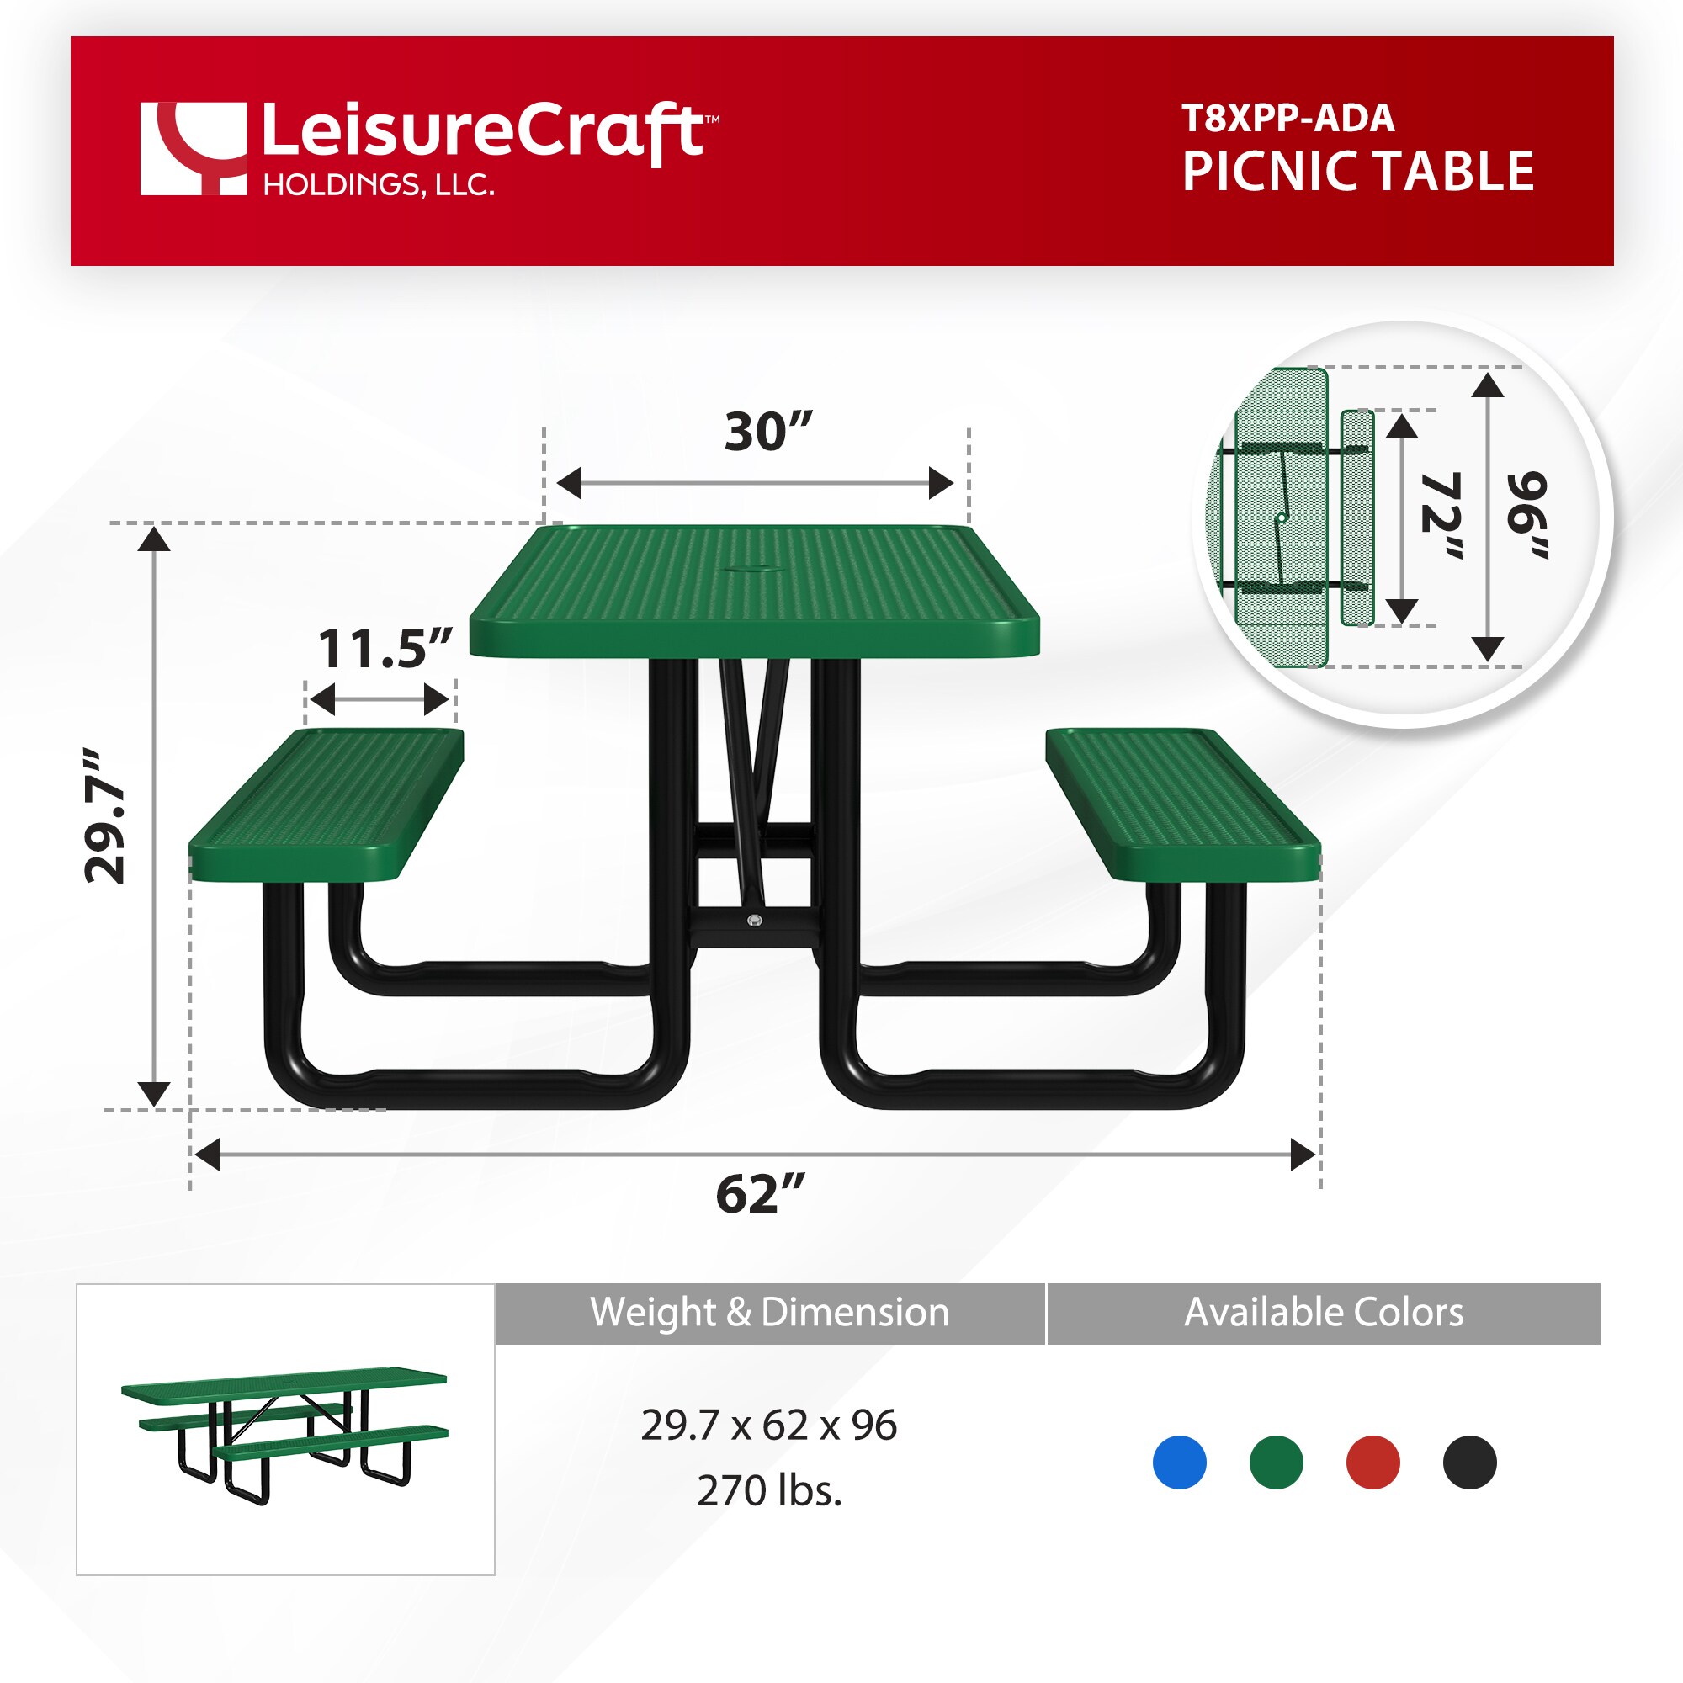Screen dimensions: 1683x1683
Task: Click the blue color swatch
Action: (x=1179, y=1462)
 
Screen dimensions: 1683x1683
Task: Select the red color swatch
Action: (x=1372, y=1462)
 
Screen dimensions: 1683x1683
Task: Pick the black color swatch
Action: (x=1469, y=1462)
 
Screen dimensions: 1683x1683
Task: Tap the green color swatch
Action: (x=1276, y=1462)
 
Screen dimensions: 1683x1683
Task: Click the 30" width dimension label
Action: (x=767, y=431)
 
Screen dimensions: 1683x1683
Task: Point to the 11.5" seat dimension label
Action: (x=385, y=649)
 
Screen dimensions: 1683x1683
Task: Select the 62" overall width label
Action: (x=760, y=1194)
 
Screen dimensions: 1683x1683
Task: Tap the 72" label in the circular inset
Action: (x=1441, y=516)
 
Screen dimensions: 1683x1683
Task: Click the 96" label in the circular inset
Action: (x=1528, y=516)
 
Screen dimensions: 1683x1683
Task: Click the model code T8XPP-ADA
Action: (x=1287, y=119)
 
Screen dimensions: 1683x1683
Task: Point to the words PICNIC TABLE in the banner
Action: (x=1357, y=172)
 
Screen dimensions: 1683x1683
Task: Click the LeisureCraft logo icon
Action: (x=194, y=149)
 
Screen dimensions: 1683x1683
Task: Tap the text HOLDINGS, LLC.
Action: (x=378, y=185)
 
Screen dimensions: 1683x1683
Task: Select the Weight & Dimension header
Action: (x=769, y=1312)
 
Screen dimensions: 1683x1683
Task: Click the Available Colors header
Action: (x=1323, y=1312)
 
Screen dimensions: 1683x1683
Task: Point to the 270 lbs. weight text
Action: (x=769, y=1490)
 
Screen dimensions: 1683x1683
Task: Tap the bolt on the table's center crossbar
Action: (x=753, y=921)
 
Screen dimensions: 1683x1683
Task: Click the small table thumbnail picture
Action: (x=285, y=1430)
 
